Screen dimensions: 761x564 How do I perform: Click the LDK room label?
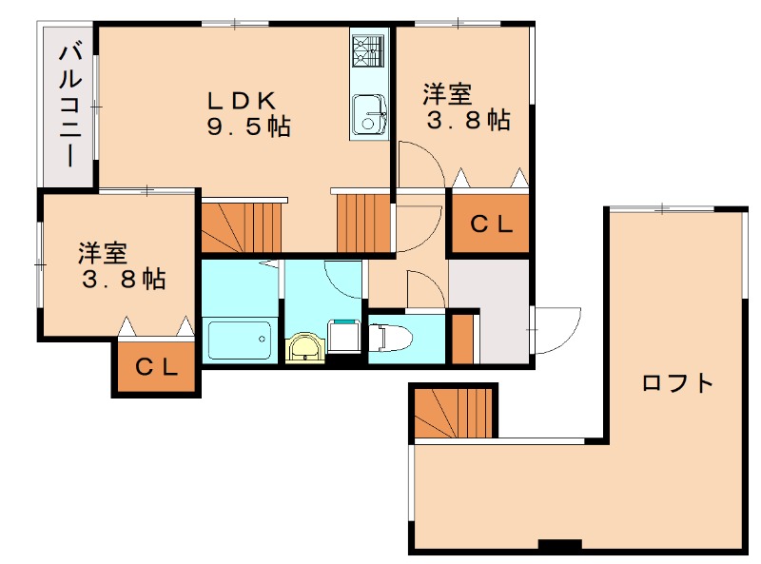(242, 101)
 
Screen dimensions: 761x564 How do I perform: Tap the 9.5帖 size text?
(248, 126)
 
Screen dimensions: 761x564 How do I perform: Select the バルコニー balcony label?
(70, 106)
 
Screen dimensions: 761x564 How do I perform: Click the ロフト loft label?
(677, 383)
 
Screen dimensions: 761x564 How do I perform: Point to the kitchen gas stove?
(368, 51)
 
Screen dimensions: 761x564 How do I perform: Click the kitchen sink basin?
(369, 114)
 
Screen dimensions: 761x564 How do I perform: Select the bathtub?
(240, 340)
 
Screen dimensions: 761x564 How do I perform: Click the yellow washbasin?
(305, 347)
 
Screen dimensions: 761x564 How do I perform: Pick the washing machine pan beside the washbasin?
(344, 336)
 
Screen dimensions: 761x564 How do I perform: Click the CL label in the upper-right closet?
(491, 224)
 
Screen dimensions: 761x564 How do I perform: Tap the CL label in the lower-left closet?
(156, 367)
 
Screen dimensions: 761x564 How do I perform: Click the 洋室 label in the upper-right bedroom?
(447, 94)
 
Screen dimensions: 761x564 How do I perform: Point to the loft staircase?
(454, 412)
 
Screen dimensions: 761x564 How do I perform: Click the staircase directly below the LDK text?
(242, 227)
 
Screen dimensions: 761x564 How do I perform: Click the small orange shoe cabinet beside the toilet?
(462, 339)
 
